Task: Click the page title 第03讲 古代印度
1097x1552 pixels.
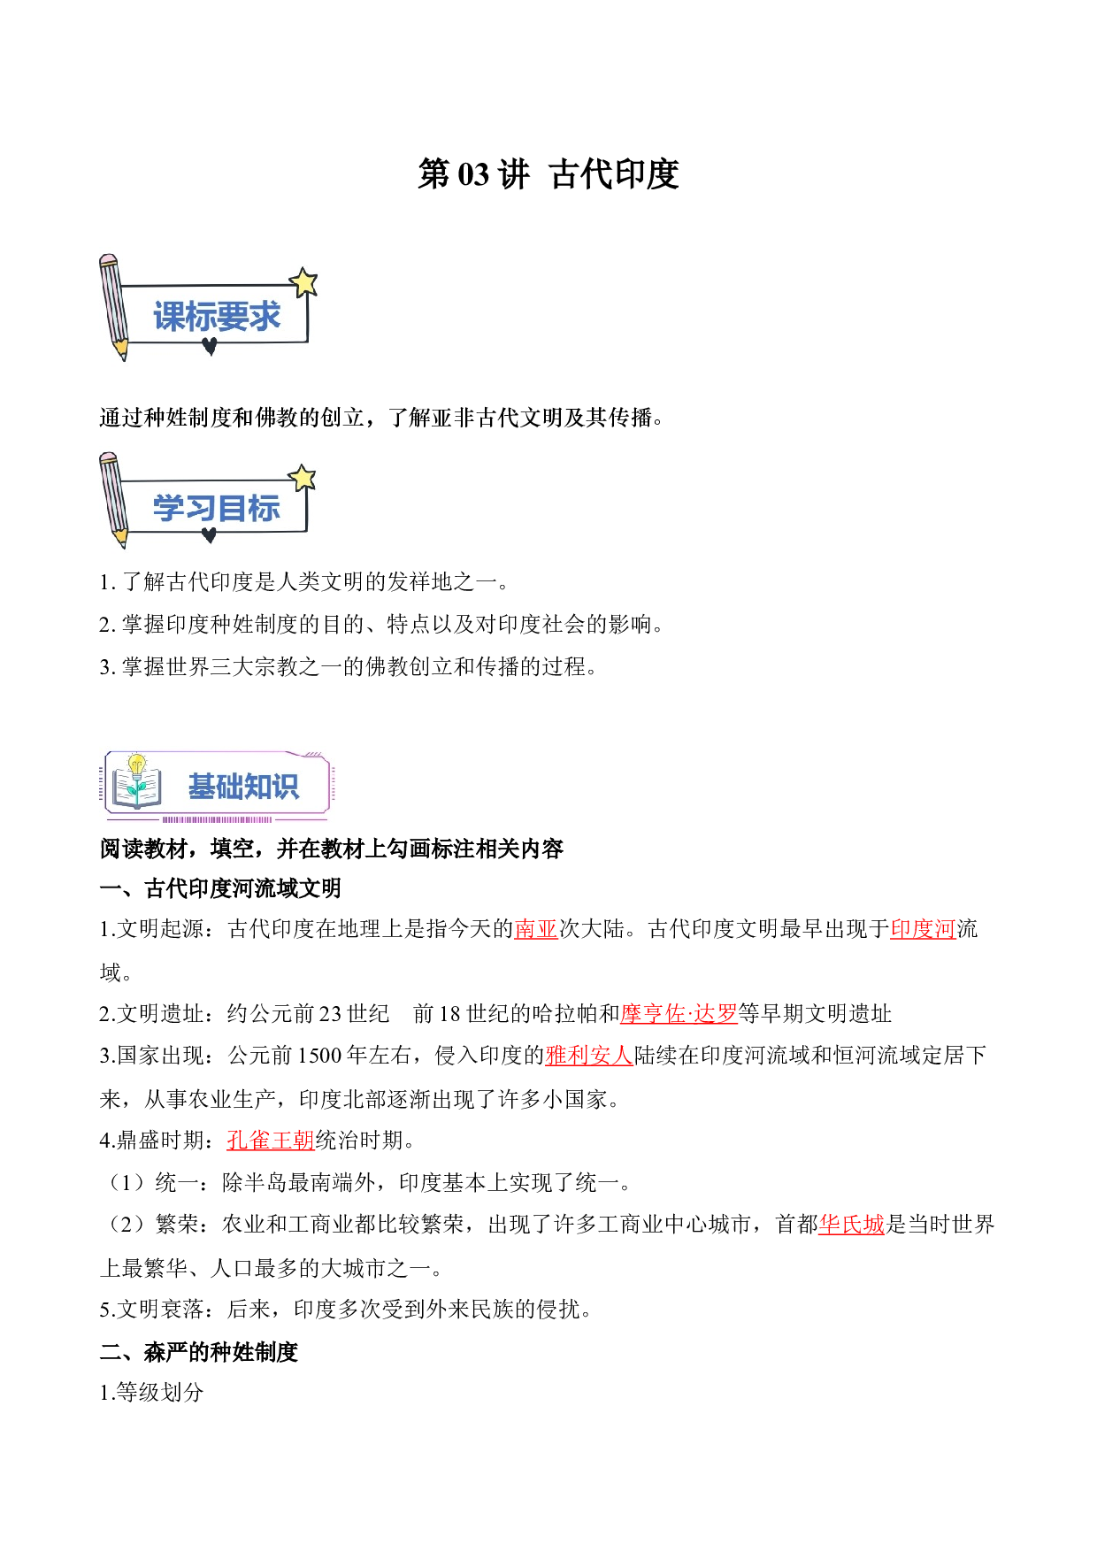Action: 548,174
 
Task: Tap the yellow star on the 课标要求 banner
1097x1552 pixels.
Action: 303,282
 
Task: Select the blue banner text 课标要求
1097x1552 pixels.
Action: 217,317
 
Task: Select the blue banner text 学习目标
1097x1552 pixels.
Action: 217,509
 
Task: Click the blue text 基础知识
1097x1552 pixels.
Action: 244,786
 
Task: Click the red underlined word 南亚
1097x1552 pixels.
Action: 536,929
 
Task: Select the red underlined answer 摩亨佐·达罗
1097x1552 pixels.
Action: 679,1013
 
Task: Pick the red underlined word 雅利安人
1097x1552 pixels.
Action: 589,1056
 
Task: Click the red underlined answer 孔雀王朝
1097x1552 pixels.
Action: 271,1141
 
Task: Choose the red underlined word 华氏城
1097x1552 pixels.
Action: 852,1225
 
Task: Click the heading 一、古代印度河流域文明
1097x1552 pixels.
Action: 220,888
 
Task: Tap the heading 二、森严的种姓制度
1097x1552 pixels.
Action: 199,1352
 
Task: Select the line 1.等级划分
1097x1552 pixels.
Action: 151,1393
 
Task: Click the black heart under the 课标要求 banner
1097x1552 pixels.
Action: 210,347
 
